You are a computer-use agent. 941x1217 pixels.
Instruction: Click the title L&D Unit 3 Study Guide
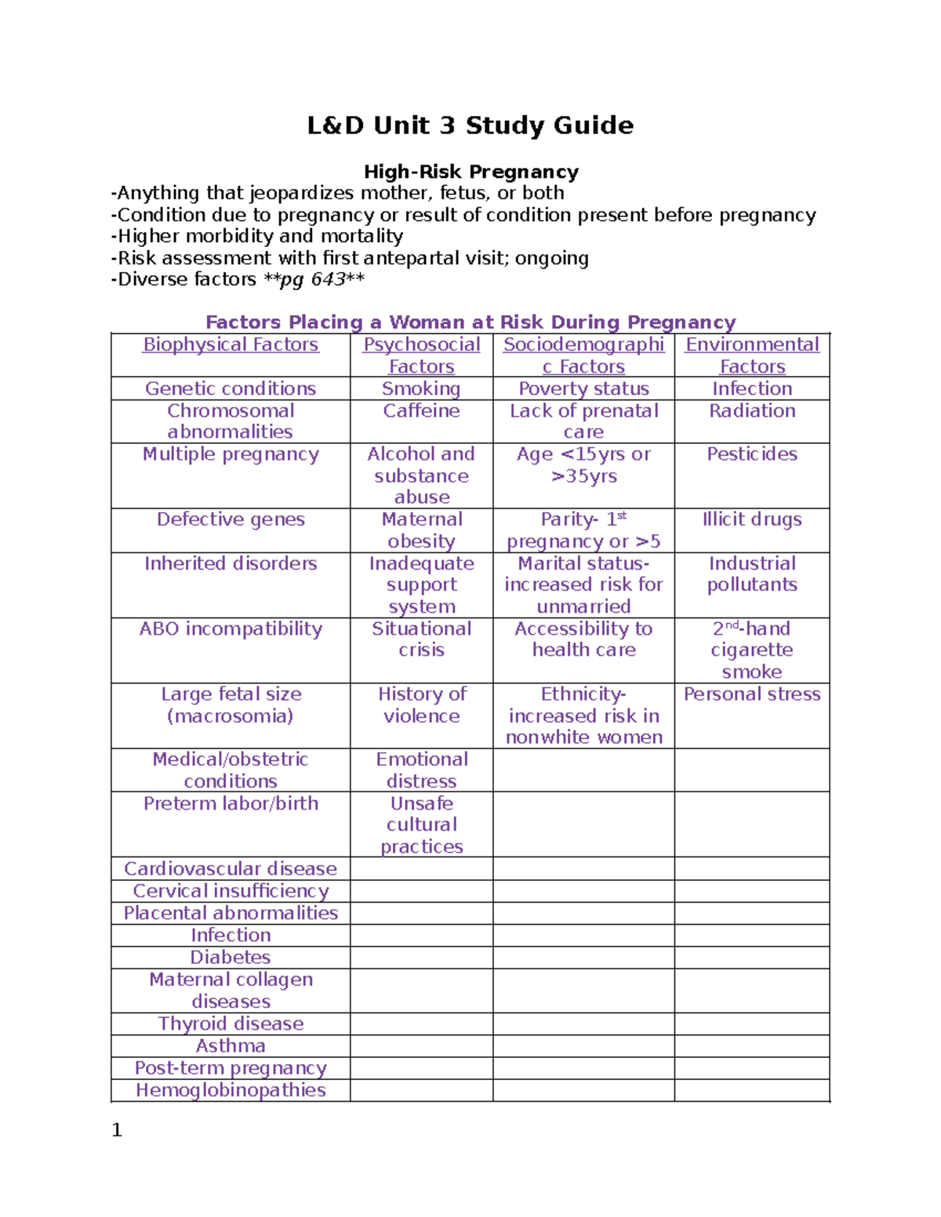(x=470, y=125)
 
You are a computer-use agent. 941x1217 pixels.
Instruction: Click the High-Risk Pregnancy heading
(x=470, y=172)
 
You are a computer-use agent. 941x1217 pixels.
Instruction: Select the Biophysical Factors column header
(x=231, y=345)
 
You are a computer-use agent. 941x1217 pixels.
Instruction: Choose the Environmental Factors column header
(x=752, y=355)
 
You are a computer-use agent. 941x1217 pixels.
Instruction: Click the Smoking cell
(x=421, y=389)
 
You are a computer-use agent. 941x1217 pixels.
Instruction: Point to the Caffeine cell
(x=421, y=411)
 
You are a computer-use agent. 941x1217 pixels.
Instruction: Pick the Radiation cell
(x=752, y=411)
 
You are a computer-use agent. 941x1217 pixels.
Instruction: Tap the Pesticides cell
(x=752, y=455)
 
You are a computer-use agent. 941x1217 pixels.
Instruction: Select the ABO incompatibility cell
(x=231, y=629)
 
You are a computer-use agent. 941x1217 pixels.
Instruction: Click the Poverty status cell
(x=583, y=389)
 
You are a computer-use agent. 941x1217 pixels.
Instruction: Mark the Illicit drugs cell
(x=752, y=520)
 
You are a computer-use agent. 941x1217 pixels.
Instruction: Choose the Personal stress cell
(x=752, y=694)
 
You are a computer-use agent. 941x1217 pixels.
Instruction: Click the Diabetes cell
(x=231, y=958)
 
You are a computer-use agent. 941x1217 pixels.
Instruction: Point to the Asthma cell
(x=231, y=1046)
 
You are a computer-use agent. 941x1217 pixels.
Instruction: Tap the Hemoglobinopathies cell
(x=231, y=1090)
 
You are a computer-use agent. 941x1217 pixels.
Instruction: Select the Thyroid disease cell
(x=231, y=1024)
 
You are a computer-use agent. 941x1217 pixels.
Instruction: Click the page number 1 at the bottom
(x=117, y=1130)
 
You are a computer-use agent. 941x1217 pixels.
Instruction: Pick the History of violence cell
(x=421, y=705)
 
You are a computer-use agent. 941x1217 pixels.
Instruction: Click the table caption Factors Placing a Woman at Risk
(x=470, y=322)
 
